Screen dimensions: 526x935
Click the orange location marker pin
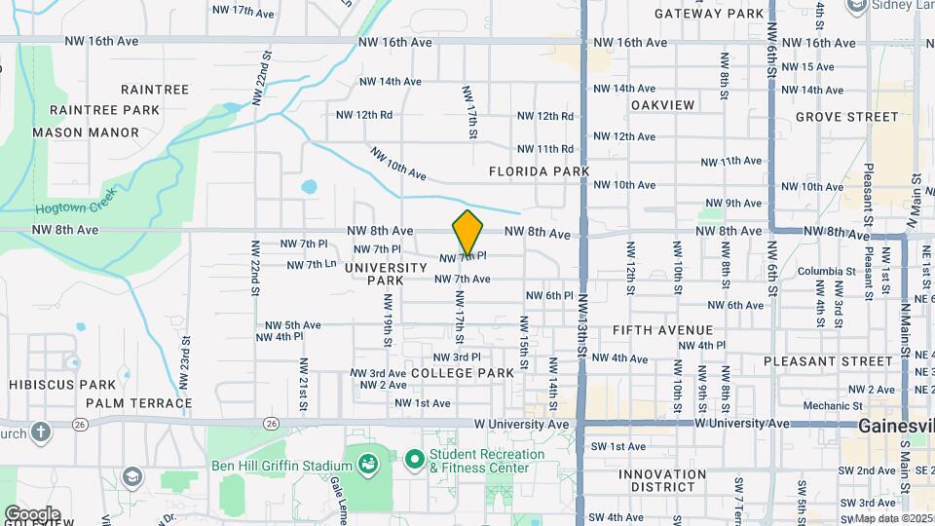467,233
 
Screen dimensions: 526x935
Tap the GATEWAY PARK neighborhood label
709,14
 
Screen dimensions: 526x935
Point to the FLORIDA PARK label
540,171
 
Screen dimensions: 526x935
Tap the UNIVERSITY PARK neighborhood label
386,274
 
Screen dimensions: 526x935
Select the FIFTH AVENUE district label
662,330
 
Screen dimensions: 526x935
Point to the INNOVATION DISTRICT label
662,482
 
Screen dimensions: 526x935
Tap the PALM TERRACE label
138,402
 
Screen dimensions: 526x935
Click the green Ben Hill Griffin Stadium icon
368,465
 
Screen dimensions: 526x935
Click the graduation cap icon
131,476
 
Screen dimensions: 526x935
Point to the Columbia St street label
824,272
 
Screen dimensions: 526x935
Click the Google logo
32,513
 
